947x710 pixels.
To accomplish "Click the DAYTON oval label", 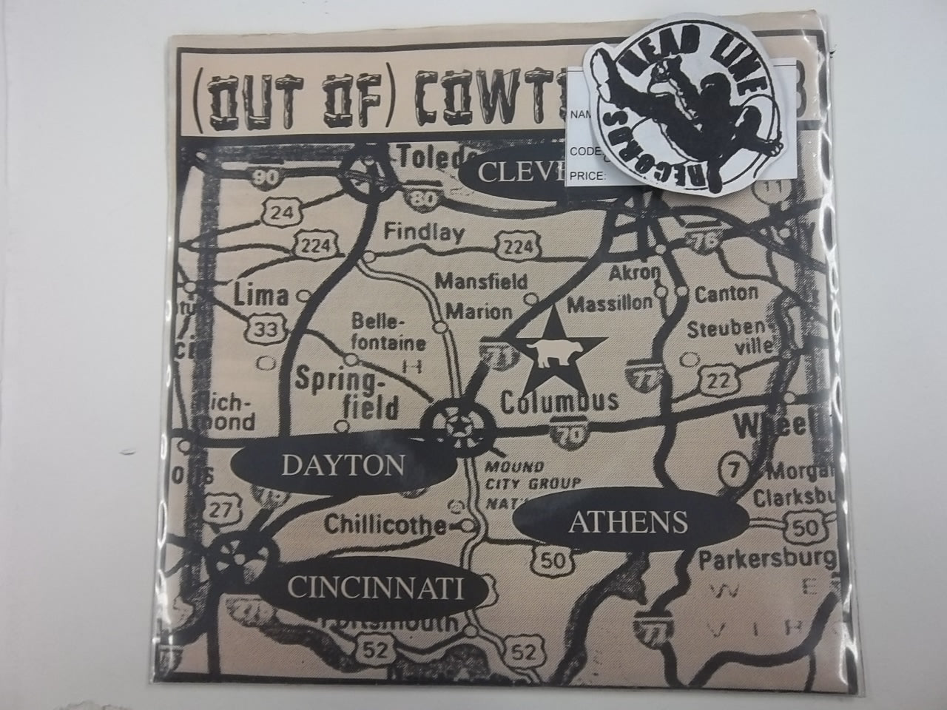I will [342, 464].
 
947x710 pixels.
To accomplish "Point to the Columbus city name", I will [559, 401].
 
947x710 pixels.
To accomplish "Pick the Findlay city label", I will [424, 233].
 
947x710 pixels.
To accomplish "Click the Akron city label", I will [634, 272].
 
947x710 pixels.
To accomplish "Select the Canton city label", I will [727, 293].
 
